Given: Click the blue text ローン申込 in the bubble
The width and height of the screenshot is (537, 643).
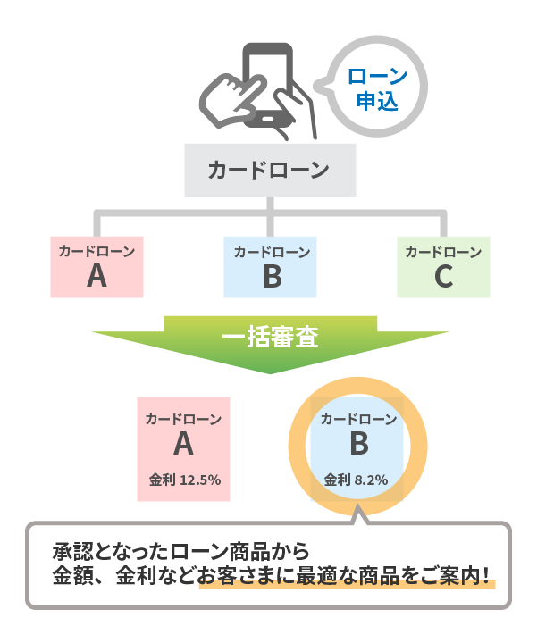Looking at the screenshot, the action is (377, 89).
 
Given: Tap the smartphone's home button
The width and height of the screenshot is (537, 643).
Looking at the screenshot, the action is (267, 119).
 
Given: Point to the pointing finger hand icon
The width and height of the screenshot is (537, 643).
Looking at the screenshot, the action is (231, 99).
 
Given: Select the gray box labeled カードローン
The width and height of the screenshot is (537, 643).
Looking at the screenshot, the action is (270, 171).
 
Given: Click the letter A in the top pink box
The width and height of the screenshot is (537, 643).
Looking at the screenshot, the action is (96, 276).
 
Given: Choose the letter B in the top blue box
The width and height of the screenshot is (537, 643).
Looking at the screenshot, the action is (273, 276).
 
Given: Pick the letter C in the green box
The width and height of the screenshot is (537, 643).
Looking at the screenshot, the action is (444, 276).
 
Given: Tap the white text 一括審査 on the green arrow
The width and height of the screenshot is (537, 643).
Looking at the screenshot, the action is (270, 337).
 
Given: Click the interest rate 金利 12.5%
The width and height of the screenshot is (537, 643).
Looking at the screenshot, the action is (185, 480).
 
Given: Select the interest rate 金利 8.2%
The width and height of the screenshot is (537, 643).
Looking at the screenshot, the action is (356, 480).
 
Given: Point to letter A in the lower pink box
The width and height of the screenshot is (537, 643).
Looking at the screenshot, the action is (183, 444).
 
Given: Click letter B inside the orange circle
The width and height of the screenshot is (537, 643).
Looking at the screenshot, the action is (359, 444).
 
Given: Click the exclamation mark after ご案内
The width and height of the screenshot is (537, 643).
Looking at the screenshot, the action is (486, 575).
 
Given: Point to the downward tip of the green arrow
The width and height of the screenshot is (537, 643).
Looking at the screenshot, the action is (270, 373).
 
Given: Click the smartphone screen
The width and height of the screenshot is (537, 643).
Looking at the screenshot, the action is (266, 82).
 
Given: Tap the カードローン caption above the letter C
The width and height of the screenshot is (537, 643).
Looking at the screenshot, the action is (443, 252).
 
